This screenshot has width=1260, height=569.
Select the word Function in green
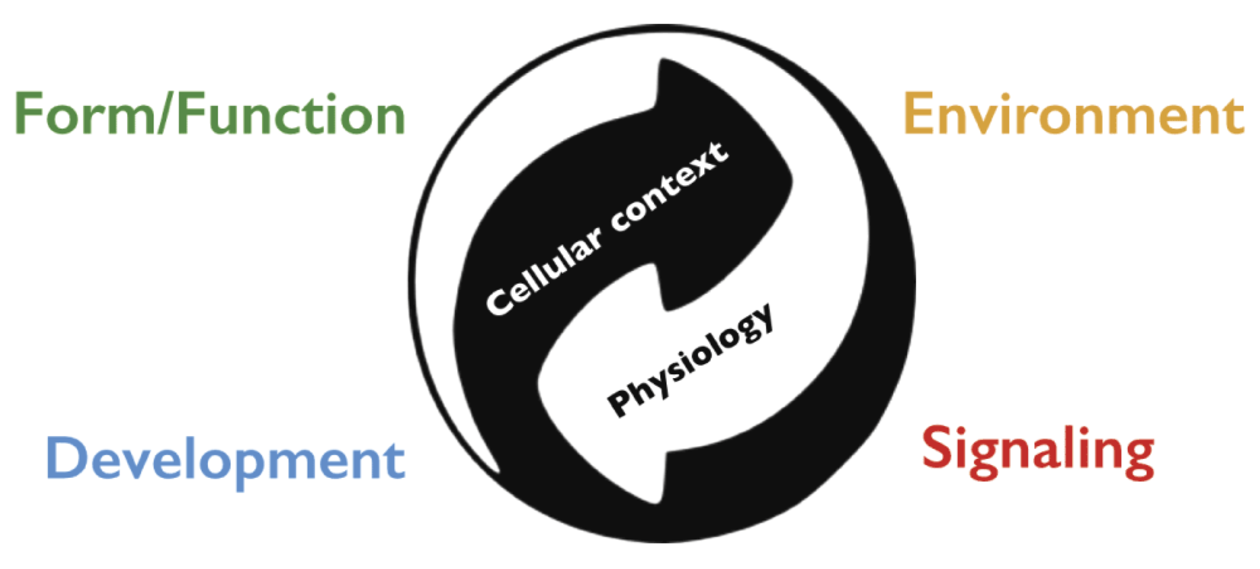(x=291, y=113)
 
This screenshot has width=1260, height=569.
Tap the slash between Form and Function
(x=166, y=113)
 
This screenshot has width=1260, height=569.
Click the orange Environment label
(x=1074, y=113)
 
